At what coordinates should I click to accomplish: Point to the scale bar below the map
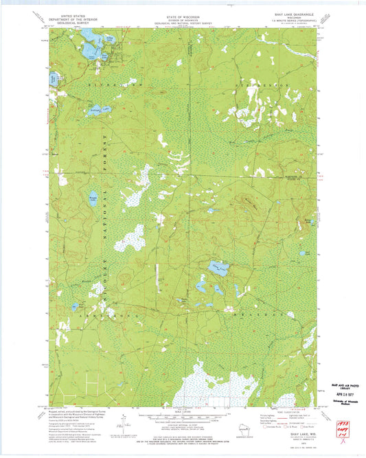[182, 420]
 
